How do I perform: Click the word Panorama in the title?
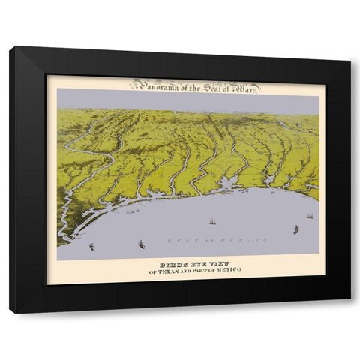(153, 85)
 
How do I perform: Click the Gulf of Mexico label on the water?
(217, 239)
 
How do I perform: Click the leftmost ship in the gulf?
(91, 245)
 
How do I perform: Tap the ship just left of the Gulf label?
(140, 242)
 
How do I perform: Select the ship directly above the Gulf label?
(212, 222)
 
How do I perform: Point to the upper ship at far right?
(309, 216)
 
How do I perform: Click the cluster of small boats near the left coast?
(133, 212)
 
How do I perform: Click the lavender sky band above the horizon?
(187, 100)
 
